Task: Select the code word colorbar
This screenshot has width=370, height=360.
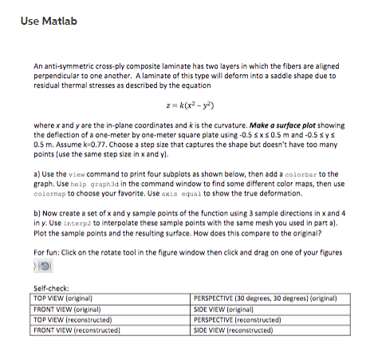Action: pos(300,173)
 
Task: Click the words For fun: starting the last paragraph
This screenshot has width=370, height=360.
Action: pos(46,251)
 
